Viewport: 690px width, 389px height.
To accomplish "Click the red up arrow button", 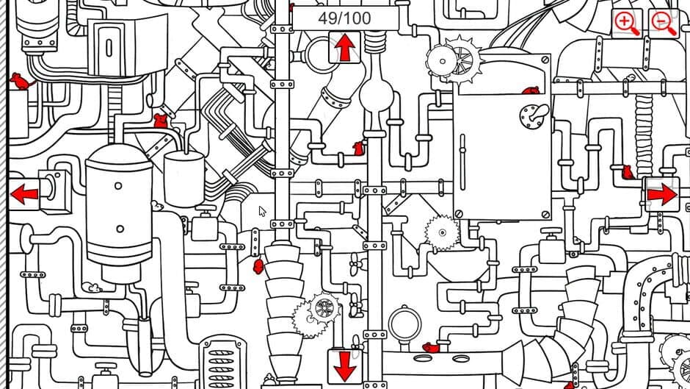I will coord(344,49).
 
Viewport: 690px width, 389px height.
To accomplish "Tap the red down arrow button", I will coord(344,365).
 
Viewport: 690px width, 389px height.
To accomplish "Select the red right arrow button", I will coord(661,194).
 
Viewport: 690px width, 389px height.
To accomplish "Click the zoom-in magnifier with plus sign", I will coord(627,23).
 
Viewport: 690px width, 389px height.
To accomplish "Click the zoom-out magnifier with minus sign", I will coord(663,23).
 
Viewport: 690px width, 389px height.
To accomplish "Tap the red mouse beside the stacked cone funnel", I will coord(258,265).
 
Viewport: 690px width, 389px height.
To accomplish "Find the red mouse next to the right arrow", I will coord(628,173).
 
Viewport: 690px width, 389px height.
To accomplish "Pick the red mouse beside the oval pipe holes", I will coord(430,346).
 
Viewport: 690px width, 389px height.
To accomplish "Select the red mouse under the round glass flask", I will coord(358,148).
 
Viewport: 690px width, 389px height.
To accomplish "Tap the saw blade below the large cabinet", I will coord(441,233).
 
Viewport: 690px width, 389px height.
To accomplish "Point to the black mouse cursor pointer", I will coord(262,212).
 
